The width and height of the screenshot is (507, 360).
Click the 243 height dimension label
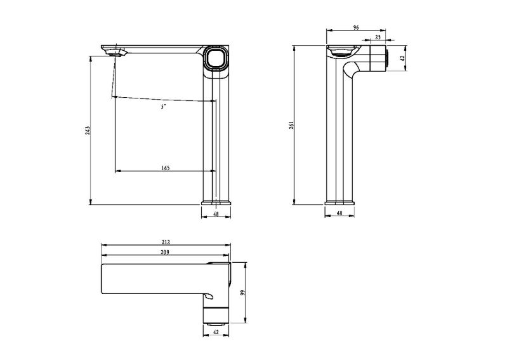88,130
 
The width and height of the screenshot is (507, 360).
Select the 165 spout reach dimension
165,168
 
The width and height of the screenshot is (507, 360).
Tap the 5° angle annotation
163,107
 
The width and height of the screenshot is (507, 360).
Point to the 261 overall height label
291,125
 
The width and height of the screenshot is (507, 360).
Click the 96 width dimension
356,27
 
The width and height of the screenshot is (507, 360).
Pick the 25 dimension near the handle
378,37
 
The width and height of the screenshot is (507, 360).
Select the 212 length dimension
166,242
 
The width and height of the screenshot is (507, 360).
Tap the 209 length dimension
166,252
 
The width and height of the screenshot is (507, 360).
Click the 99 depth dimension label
243,293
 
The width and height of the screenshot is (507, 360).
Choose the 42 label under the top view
216,332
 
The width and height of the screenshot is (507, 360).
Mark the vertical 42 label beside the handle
402,58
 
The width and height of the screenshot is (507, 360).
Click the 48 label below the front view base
216,214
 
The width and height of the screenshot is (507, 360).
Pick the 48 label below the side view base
339,213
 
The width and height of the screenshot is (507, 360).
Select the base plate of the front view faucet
216,203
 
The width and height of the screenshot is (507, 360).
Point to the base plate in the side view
339,203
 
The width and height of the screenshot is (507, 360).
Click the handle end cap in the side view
387,58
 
